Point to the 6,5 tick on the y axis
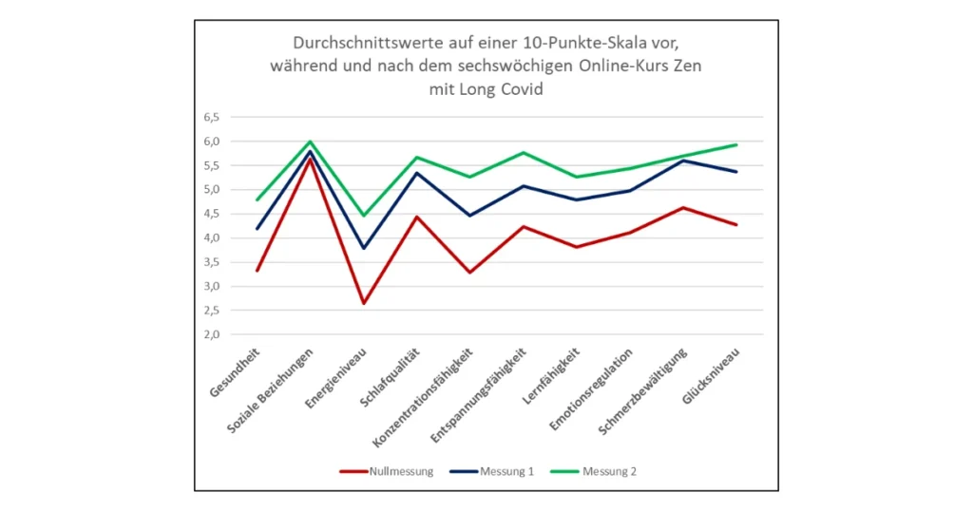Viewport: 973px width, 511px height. tap(211, 118)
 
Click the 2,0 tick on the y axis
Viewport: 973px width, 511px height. tap(211, 334)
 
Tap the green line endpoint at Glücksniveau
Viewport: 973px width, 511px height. tap(736, 144)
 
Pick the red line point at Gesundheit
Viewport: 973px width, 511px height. tap(257, 271)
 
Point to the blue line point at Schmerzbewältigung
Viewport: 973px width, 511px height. tap(683, 161)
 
